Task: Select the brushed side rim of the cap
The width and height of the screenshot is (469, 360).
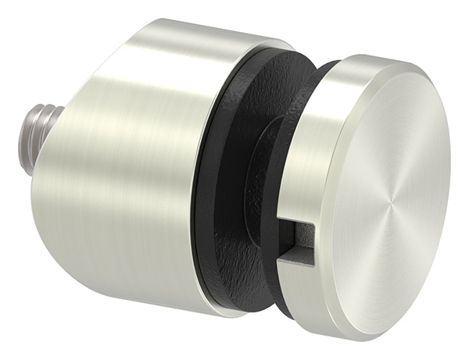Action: pyautogui.click(x=313, y=156)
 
